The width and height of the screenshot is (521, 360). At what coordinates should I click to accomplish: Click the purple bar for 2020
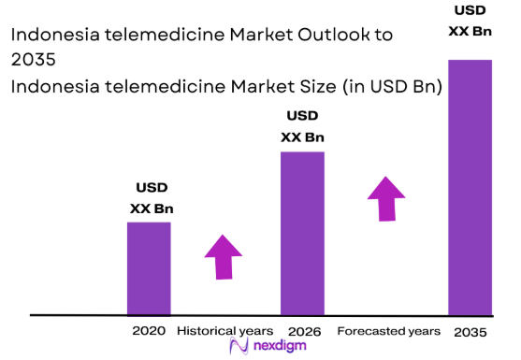point(149,267)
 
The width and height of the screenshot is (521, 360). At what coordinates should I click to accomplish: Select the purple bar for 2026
point(302,233)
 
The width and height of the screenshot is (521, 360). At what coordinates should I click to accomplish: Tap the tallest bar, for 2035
point(470,187)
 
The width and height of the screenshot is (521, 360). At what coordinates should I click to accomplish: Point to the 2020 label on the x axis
point(149,331)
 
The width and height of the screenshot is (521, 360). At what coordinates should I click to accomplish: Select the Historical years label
point(224,331)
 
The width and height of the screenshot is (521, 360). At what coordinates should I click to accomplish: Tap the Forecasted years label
point(388,331)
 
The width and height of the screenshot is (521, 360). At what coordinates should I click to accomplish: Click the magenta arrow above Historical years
point(223,255)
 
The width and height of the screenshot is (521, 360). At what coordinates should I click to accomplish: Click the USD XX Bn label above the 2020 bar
point(151,198)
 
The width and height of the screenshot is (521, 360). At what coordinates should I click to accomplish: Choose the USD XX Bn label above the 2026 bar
point(302,126)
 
